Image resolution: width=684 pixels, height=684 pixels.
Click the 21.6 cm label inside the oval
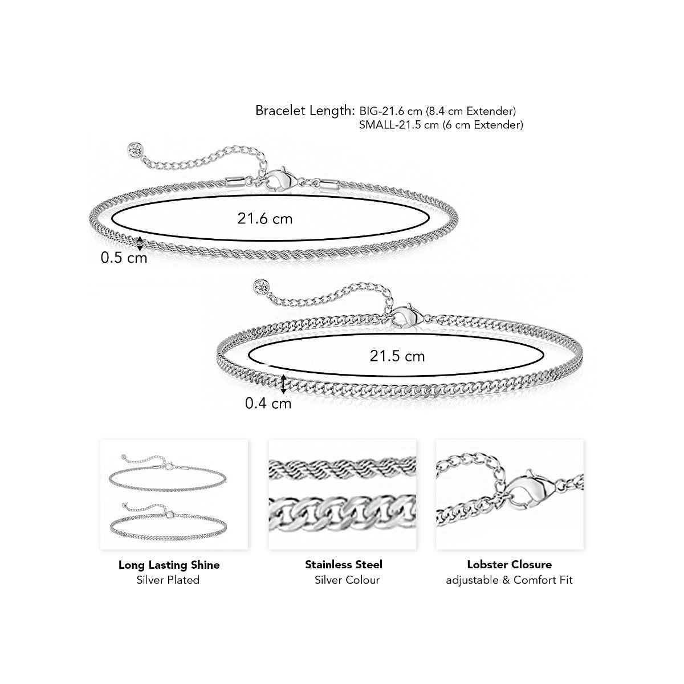pyautogui.click(x=265, y=219)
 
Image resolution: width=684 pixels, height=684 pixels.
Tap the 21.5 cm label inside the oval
pyautogui.click(x=397, y=356)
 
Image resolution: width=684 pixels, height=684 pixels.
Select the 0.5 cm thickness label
pyautogui.click(x=124, y=258)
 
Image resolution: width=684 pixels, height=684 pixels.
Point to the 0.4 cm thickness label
pyautogui.click(x=268, y=403)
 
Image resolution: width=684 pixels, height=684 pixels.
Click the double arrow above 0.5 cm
pyautogui.click(x=140, y=243)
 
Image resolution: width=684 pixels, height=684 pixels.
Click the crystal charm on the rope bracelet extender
pyautogui.click(x=136, y=149)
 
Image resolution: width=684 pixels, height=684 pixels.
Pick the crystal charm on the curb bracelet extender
pyautogui.click(x=261, y=287)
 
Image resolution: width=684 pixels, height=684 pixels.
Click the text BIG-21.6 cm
pyautogui.click(x=391, y=111)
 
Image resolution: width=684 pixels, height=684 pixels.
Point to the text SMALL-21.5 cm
pyautogui.click(x=400, y=125)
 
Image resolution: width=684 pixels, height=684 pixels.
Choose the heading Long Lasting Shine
pyautogui.click(x=169, y=565)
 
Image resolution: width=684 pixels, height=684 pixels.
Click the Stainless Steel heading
pyautogui.click(x=344, y=564)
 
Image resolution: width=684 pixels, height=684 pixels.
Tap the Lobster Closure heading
pyautogui.click(x=510, y=564)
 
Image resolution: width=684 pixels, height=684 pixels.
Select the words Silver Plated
pyautogui.click(x=168, y=580)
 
